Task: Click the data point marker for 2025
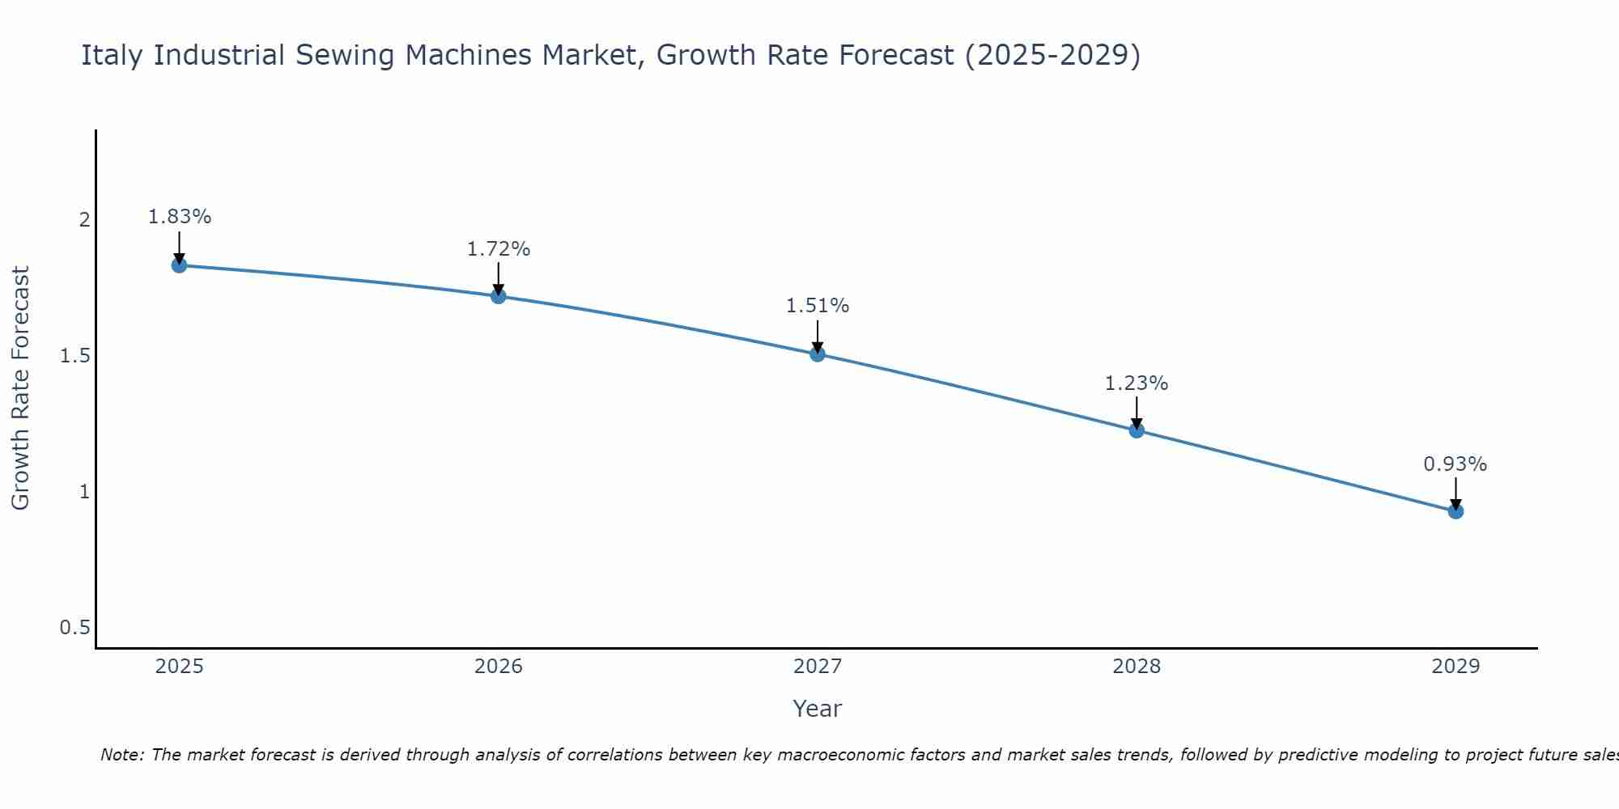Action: tap(179, 265)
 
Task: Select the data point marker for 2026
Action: tap(498, 296)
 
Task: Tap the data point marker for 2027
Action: tap(817, 354)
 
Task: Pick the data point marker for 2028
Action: tap(1136, 430)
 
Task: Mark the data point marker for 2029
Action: tap(1455, 511)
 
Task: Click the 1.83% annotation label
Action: tap(179, 217)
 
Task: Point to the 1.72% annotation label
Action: tap(498, 249)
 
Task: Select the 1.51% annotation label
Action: tap(817, 306)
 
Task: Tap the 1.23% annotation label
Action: tap(1136, 383)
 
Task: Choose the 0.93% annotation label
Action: tap(1455, 464)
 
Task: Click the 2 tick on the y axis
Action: tap(84, 220)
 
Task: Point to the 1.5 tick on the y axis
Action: tap(75, 356)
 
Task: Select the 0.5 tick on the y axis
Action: tap(75, 628)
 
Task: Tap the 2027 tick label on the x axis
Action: tap(817, 667)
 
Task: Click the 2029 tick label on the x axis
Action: tap(1455, 667)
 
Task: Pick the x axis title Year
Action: tap(817, 709)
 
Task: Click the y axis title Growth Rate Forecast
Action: tap(20, 388)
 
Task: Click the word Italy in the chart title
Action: tap(113, 55)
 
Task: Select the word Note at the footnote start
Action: tap(121, 755)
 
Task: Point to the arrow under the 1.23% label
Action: tap(1136, 412)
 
